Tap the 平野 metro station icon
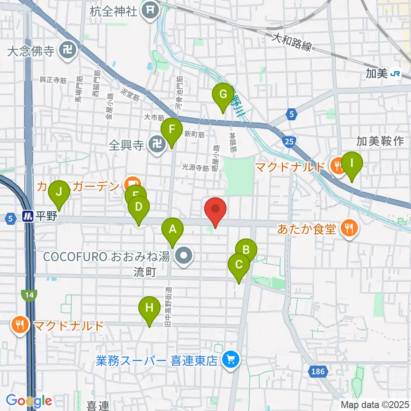29,216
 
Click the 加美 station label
376,74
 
